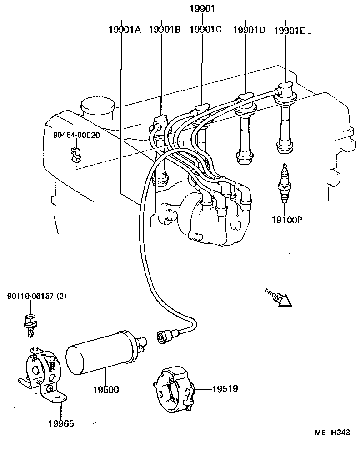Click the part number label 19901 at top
click(x=202, y=9)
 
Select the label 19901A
click(x=125, y=30)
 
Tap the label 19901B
click(x=165, y=30)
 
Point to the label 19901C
click(x=205, y=30)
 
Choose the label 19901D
click(x=249, y=30)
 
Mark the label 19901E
click(x=290, y=30)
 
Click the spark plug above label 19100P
click(x=285, y=186)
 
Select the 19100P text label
click(x=287, y=220)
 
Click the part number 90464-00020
click(x=76, y=135)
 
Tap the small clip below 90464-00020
click(x=76, y=156)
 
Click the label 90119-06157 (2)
click(x=36, y=296)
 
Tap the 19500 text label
click(x=106, y=390)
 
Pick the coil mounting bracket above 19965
click(x=43, y=375)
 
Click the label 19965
click(x=61, y=423)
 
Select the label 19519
click(x=225, y=389)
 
